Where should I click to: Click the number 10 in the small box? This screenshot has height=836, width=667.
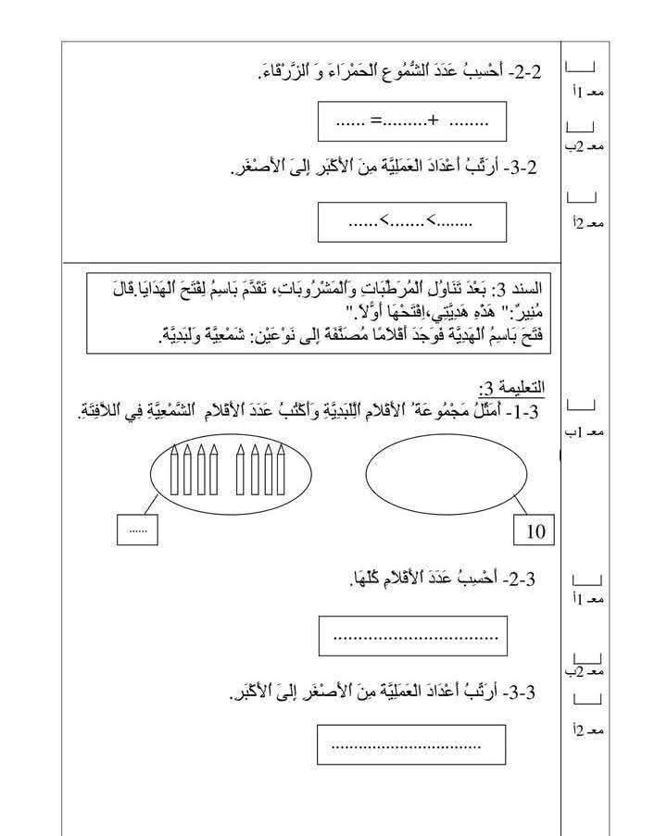[535, 531]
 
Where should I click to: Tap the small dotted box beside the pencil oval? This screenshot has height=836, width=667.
[137, 530]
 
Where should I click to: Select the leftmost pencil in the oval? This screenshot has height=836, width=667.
[176, 468]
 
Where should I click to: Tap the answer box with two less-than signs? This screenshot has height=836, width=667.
[411, 222]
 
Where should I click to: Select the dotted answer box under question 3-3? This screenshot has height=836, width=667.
[411, 744]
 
